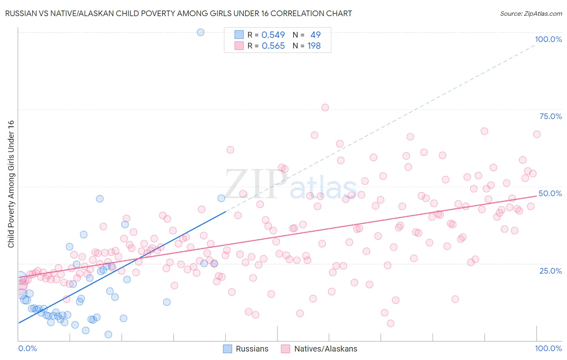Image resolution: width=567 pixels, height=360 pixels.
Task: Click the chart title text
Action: [x=178, y=13]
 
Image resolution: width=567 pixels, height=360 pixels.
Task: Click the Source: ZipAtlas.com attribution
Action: [x=531, y=13]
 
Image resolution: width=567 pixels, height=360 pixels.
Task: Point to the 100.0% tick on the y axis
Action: [x=548, y=39]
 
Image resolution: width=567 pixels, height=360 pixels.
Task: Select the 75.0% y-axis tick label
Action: [x=550, y=116]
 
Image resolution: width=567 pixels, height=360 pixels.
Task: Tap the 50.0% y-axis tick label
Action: [x=550, y=193]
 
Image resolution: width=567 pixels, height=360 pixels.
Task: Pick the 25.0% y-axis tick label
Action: [x=550, y=271]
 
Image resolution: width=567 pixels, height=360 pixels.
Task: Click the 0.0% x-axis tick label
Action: [x=27, y=348]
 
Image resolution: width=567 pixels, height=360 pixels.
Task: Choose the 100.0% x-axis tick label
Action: [x=548, y=348]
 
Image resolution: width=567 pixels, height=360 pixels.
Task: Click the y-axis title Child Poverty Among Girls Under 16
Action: [x=11, y=184]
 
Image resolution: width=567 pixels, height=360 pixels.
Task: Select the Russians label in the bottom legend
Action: [x=252, y=349]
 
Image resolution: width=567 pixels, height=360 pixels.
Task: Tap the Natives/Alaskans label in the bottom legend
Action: [x=325, y=349]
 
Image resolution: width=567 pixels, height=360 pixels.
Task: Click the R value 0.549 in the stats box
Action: [x=273, y=35]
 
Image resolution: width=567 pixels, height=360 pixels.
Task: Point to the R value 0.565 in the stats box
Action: [x=273, y=46]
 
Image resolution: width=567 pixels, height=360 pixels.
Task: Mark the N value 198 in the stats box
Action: [x=314, y=46]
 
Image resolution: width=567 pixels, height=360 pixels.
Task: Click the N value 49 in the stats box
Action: [x=315, y=35]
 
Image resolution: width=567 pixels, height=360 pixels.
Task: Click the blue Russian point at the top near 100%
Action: [x=200, y=32]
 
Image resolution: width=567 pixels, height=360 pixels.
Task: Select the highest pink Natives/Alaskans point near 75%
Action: [x=325, y=107]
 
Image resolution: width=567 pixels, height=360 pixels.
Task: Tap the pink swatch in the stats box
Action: [x=239, y=46]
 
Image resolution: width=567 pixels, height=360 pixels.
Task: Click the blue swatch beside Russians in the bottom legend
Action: [x=227, y=349]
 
